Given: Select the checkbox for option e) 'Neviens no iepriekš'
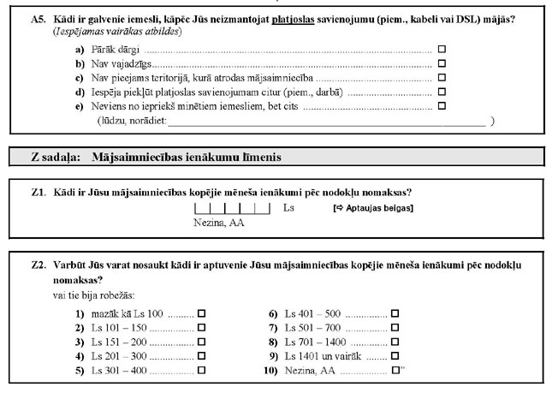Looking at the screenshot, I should (x=442, y=106).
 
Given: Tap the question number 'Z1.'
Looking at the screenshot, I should (x=38, y=193).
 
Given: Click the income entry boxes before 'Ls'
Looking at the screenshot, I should (x=232, y=208).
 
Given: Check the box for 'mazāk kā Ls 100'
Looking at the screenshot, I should (x=202, y=314).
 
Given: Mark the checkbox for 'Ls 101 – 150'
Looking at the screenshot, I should (x=202, y=328).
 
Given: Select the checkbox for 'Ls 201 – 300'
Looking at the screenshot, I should (x=202, y=356).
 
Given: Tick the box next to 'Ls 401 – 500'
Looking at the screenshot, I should (x=395, y=314).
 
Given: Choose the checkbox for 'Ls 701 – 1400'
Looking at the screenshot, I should (x=395, y=342).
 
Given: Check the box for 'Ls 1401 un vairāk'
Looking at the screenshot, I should (x=395, y=356).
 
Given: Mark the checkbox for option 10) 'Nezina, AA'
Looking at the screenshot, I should (x=395, y=371).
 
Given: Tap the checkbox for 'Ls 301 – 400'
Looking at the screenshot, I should (x=202, y=371).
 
